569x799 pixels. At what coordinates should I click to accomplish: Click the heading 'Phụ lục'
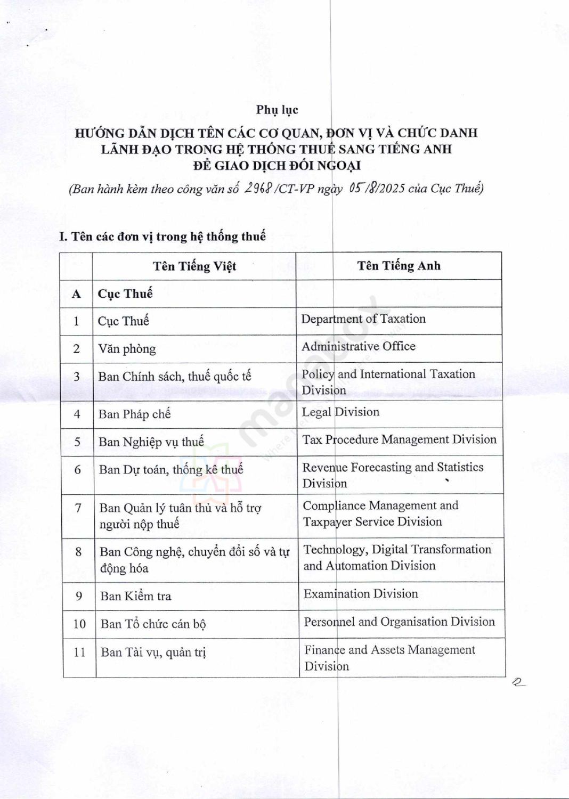pos(277,110)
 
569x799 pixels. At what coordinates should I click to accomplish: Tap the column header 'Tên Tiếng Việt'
pos(194,266)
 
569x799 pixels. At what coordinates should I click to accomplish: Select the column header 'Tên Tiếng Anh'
pos(399,266)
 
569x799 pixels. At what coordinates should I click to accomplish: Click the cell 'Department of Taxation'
pos(363,319)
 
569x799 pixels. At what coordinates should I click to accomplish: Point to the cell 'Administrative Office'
pos(359,346)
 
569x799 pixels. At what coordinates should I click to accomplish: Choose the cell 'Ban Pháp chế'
pos(135,414)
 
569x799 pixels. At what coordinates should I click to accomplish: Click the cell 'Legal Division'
pos(340,412)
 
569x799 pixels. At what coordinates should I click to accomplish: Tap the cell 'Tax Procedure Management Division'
pos(400,439)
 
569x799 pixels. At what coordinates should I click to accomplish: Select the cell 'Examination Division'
pos(361,593)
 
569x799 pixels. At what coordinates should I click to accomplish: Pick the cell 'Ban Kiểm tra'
pos(136,596)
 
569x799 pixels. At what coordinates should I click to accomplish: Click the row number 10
pos(79,624)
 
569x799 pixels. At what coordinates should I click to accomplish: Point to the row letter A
pos(76,294)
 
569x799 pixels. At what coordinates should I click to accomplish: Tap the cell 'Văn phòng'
pos(127,349)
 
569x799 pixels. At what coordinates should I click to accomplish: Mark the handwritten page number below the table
pos(518,682)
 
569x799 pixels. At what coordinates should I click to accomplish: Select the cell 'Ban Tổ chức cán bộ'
pos(153,624)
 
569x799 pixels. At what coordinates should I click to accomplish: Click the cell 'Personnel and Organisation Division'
pos(400,622)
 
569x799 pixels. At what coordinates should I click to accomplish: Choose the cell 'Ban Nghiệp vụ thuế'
pos(151,442)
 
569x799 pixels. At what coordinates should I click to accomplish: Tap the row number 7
pos(78,508)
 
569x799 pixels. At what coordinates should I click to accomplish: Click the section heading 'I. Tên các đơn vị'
pos(162,237)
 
